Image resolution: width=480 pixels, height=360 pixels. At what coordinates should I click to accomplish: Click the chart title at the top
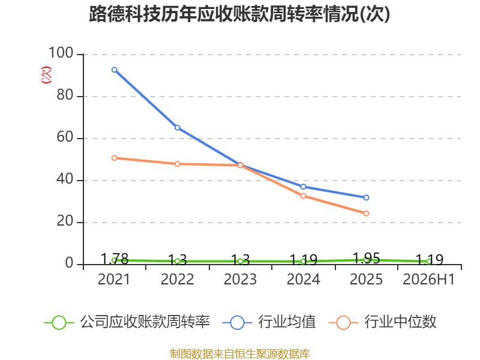tap(239, 14)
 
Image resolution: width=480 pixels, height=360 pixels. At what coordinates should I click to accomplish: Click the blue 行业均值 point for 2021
tap(115, 70)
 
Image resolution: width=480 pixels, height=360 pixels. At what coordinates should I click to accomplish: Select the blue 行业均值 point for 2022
tap(178, 127)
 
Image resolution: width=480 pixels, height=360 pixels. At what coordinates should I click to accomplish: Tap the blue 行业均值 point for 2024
tap(304, 187)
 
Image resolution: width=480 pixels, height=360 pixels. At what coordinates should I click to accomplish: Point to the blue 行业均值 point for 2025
tap(367, 198)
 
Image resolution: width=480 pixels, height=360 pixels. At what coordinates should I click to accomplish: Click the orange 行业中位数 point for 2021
tap(115, 158)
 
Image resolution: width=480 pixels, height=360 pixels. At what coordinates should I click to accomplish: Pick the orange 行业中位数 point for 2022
tap(178, 164)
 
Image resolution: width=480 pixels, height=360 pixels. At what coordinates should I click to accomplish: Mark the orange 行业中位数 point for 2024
tap(304, 196)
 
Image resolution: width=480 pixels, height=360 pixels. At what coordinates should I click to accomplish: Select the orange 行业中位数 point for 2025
tap(367, 214)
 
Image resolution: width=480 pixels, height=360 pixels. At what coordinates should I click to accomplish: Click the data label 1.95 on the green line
tap(367, 259)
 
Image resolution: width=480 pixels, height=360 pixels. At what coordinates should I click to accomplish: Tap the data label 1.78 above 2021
tap(115, 259)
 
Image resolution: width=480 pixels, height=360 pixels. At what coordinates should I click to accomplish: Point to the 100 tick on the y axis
tap(61, 53)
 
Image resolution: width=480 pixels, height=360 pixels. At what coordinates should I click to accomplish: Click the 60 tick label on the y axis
tap(65, 137)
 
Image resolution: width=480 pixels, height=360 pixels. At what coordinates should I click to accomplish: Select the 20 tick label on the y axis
tap(65, 221)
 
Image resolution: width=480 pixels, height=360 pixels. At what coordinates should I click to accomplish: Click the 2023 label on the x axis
tap(241, 279)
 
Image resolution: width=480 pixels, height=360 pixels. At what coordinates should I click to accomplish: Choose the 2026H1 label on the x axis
tap(429, 279)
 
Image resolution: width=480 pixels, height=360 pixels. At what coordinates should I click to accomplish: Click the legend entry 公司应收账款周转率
tap(127, 322)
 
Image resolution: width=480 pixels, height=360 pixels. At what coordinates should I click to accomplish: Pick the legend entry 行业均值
tap(269, 322)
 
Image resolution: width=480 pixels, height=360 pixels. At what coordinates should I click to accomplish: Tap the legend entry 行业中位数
tap(382, 322)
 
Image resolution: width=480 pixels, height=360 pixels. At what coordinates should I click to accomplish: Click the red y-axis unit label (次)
tap(46, 75)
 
